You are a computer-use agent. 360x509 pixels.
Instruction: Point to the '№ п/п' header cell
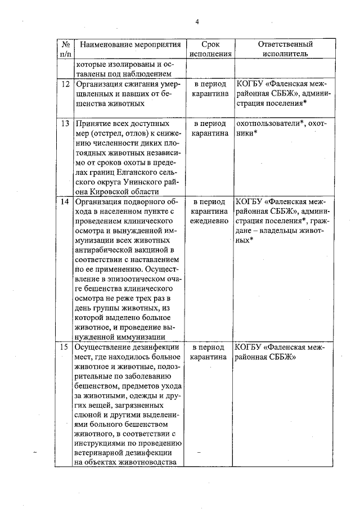coord(65,49)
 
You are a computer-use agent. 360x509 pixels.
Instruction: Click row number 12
coord(65,84)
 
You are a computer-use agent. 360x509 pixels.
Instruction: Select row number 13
coord(65,124)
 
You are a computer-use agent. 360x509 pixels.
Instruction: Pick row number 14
coord(65,202)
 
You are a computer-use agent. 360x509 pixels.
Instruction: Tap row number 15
coord(65,347)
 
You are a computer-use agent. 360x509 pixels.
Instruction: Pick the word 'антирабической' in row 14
coord(103,250)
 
